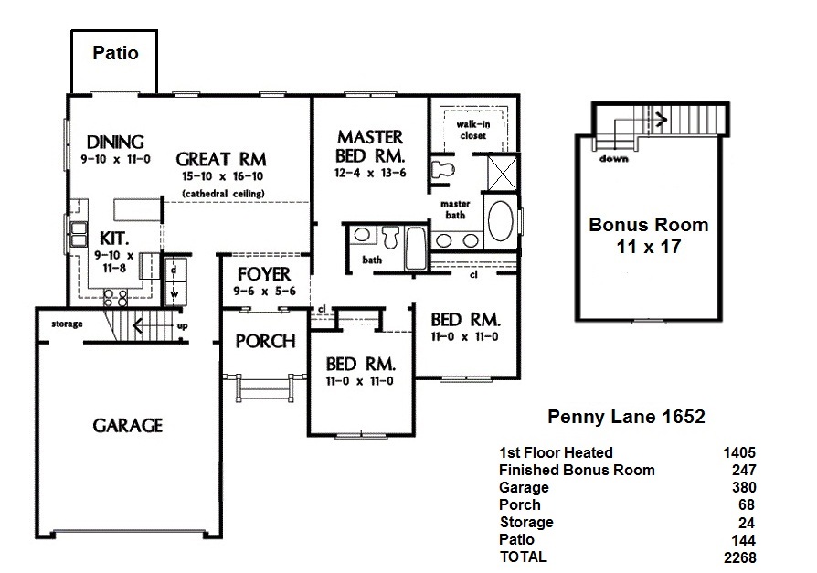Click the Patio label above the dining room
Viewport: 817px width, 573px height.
pos(115,53)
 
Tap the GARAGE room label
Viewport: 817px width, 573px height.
pos(128,426)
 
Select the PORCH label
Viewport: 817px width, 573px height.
pos(265,341)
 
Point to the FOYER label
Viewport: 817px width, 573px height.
pos(264,274)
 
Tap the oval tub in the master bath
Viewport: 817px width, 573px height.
pos(500,221)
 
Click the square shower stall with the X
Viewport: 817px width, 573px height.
pos(503,173)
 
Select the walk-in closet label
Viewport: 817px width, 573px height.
pos(472,130)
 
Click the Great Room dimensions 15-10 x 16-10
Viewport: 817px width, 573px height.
pos(222,176)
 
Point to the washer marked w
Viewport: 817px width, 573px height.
pos(175,294)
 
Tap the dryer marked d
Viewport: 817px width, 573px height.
pos(174,271)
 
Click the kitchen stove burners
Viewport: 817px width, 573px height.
pos(115,297)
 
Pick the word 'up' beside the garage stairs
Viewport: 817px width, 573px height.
pos(183,326)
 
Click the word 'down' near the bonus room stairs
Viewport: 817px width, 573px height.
pos(614,159)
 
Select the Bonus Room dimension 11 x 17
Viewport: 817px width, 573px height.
pos(649,247)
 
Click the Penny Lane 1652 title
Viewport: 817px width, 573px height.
pos(626,416)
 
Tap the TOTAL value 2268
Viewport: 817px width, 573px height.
pos(740,557)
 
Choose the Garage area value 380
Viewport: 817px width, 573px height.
pos(744,488)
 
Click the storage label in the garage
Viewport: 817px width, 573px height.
pos(67,324)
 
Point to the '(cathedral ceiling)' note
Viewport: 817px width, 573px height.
pos(223,194)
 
